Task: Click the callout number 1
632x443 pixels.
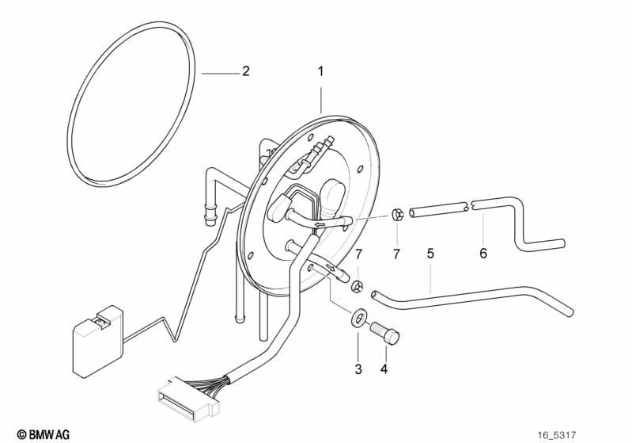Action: coord(320,71)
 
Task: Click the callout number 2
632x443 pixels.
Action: coord(245,72)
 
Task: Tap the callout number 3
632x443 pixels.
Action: coord(358,369)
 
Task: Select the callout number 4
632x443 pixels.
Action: coord(384,369)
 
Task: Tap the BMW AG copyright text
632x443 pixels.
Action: coord(44,433)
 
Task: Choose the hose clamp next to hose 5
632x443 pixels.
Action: coord(358,284)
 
